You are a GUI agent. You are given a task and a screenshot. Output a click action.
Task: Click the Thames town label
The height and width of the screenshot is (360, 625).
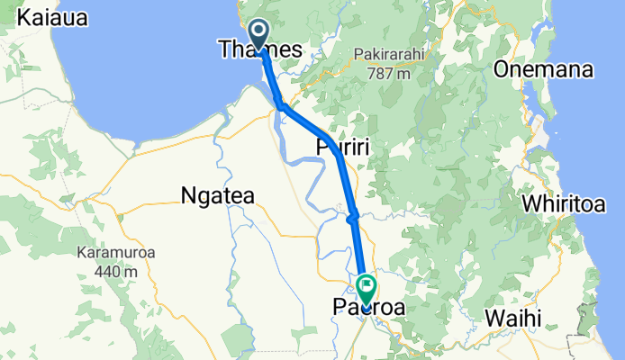point(259,50)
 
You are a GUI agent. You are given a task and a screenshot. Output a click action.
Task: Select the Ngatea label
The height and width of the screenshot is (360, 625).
point(218,195)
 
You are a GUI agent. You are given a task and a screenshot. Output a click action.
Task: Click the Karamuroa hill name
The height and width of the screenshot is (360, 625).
point(115,253)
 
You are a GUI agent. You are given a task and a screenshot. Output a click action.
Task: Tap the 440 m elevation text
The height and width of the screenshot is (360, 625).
point(117,269)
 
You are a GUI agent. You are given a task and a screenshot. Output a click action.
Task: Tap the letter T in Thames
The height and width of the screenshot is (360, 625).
point(225,50)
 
